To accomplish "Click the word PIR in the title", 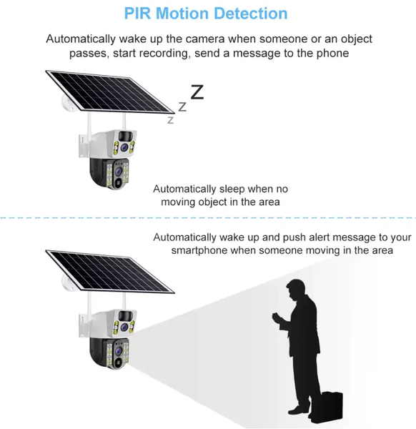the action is [x=137, y=14].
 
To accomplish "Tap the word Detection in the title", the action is [x=251, y=14].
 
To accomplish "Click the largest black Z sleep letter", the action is [x=197, y=92].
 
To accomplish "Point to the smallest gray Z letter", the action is [x=170, y=120].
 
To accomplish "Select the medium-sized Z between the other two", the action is [x=182, y=107].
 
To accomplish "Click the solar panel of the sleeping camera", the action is [x=110, y=92].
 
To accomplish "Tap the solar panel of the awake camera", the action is [x=110, y=272].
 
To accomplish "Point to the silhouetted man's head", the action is [x=296, y=290].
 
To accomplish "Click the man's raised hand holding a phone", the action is [x=277, y=318].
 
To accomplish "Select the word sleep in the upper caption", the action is [x=232, y=189].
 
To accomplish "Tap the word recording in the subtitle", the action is [x=164, y=54].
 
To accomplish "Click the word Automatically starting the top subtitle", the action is [x=81, y=39].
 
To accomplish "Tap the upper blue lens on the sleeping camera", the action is [x=124, y=147].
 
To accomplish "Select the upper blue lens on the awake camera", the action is [x=124, y=327].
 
